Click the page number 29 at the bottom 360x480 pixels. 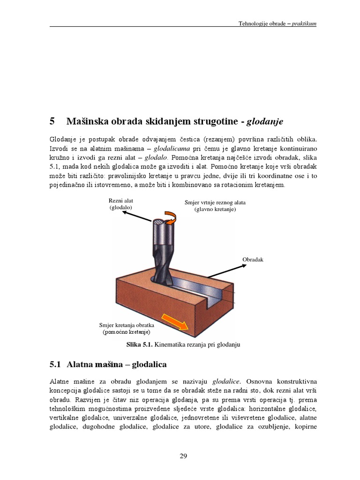point(183,456)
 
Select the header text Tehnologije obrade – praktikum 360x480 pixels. point(277,23)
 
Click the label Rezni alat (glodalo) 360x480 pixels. point(121,204)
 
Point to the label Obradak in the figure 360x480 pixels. point(253,259)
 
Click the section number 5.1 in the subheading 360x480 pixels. point(55,364)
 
